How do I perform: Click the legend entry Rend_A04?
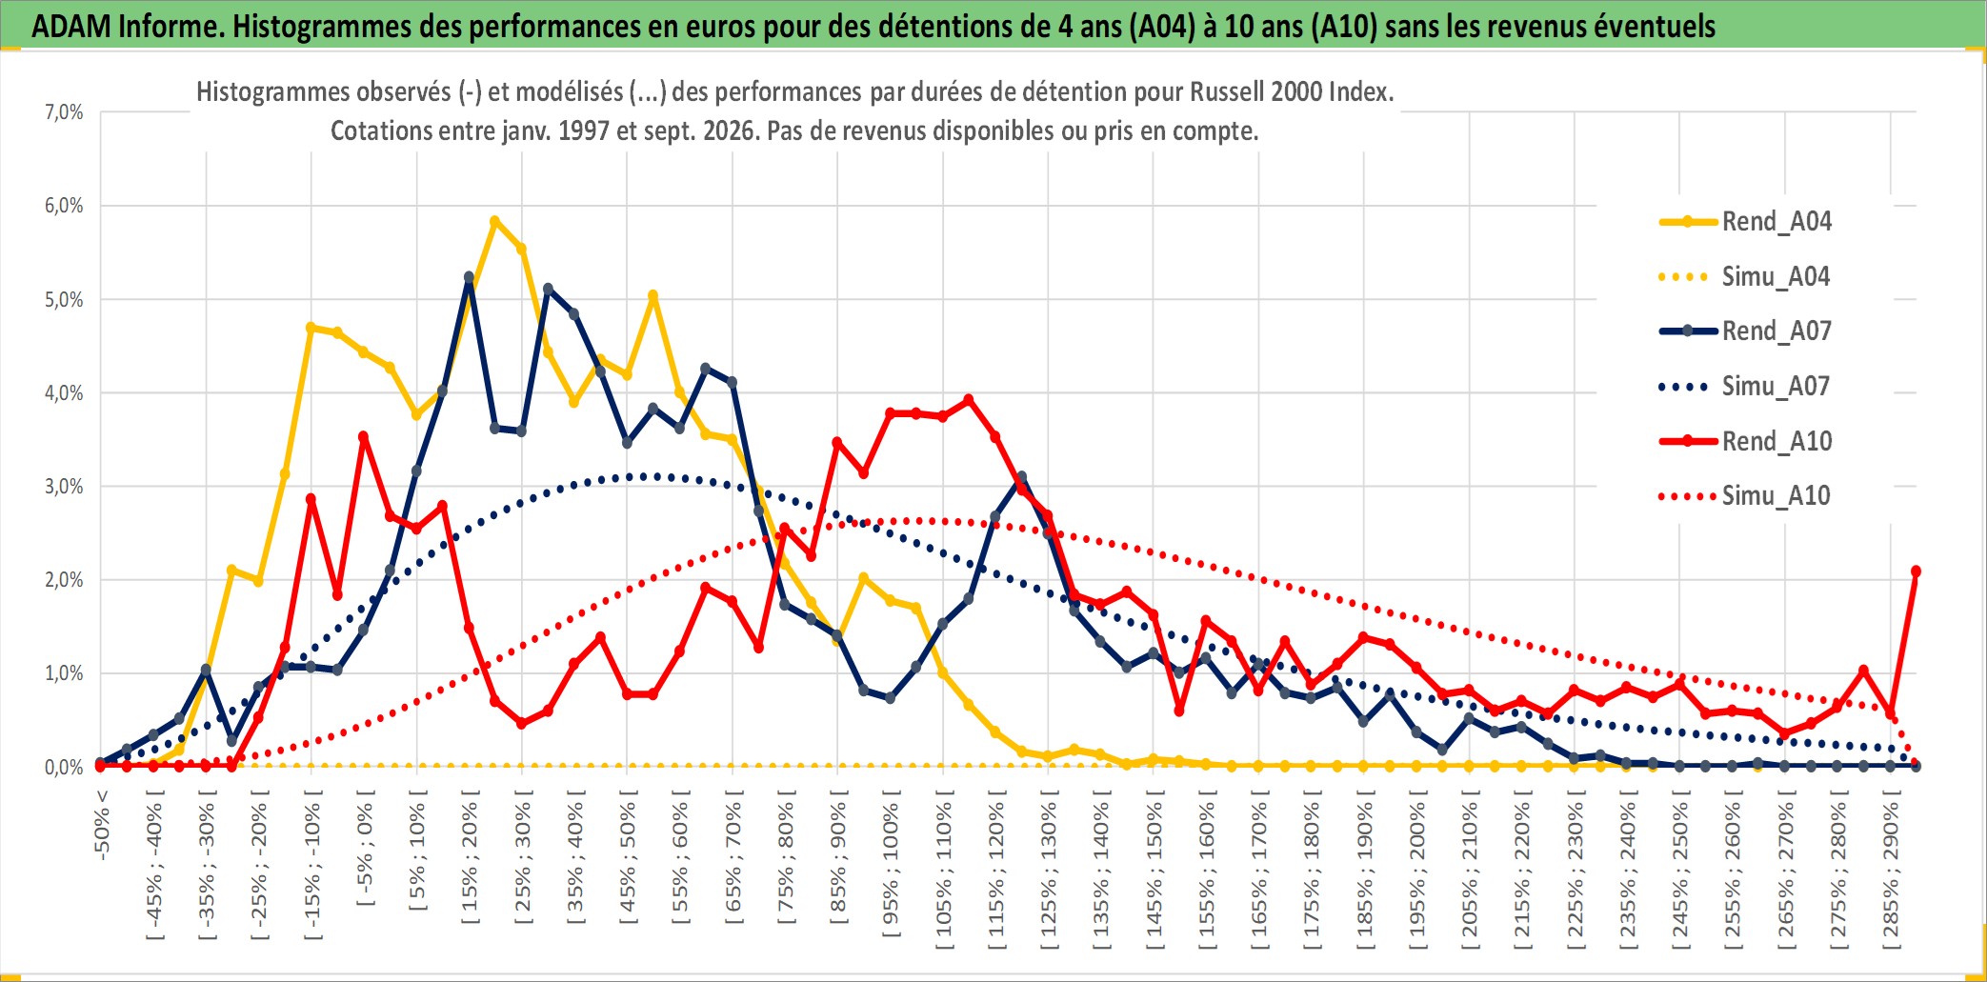1745,222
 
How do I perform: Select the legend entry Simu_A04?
1745,277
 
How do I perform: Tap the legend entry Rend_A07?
1745,331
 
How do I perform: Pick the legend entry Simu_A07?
1745,387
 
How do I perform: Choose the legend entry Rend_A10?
1745,442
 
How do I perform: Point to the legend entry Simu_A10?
1745,496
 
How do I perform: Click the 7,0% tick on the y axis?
64,112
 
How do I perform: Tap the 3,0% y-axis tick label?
64,487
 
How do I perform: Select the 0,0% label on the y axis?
64,768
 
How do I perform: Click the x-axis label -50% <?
102,825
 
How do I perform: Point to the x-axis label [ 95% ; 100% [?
891,869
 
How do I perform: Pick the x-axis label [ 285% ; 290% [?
1891,869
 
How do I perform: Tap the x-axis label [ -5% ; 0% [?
365,848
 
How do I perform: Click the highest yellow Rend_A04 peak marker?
494,221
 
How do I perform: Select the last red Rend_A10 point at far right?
1916,571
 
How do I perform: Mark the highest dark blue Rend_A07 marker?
469,277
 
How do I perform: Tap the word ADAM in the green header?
71,26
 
